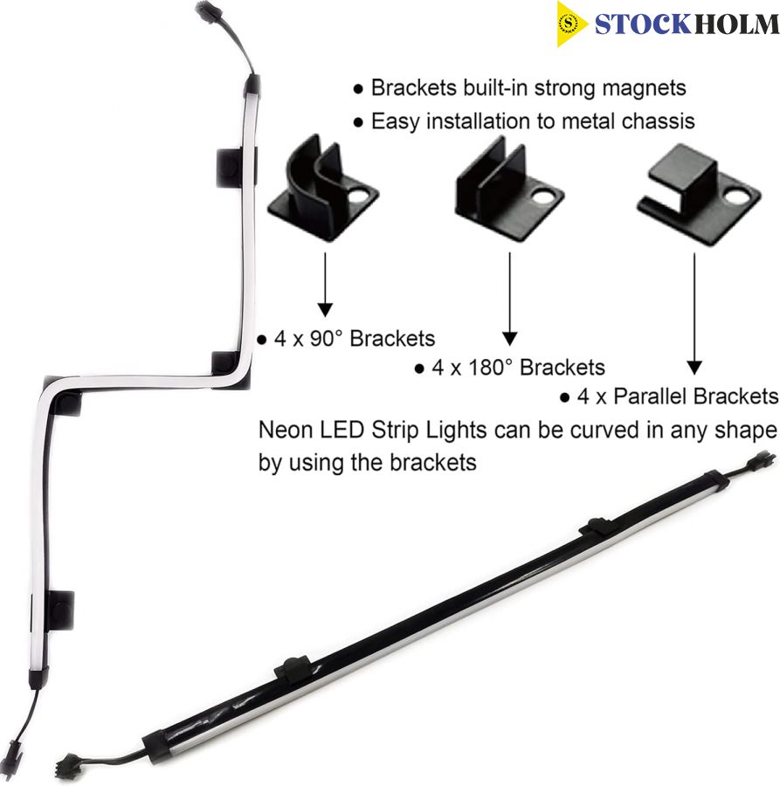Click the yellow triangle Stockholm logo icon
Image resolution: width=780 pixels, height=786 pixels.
pos(570,24)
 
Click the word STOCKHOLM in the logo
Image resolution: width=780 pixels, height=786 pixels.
pos(687,24)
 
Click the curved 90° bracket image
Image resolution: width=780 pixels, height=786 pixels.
pos(323,189)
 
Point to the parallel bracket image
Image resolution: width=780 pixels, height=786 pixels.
pos(699,195)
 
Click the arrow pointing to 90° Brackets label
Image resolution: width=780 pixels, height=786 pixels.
pos(325,284)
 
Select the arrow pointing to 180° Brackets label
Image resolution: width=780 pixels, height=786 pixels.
pos(510,299)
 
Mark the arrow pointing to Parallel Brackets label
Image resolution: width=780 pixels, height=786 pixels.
pos(694,314)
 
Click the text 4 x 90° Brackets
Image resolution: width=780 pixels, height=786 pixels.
pos(355,339)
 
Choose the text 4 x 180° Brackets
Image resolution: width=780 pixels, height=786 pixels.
pos(518,368)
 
